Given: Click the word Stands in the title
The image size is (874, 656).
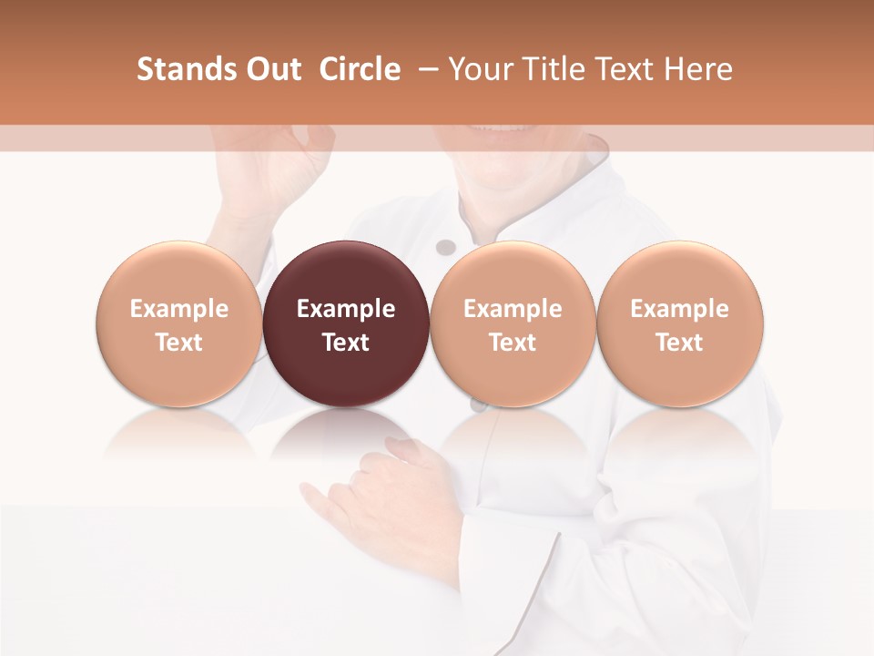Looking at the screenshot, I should (x=184, y=69).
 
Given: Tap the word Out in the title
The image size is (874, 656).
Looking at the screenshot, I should (x=270, y=69).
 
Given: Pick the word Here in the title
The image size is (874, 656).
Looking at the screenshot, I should (x=698, y=69).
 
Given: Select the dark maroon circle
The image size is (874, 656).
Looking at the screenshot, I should (x=346, y=324).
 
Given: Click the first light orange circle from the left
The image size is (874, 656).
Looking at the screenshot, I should (x=179, y=324).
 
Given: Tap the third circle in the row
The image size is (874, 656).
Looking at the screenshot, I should (x=513, y=324).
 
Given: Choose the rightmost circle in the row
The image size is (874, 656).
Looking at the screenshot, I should (x=679, y=324).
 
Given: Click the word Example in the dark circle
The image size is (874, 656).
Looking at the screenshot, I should (x=346, y=309).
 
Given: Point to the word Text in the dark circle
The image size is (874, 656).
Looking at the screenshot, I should (x=346, y=343).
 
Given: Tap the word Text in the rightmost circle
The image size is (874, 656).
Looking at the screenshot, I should (x=679, y=343).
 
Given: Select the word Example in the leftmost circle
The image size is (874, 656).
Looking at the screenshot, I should (x=179, y=309).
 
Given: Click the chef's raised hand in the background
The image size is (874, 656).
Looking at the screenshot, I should (x=273, y=173).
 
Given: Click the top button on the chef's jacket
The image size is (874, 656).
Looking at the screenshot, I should (x=445, y=247).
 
